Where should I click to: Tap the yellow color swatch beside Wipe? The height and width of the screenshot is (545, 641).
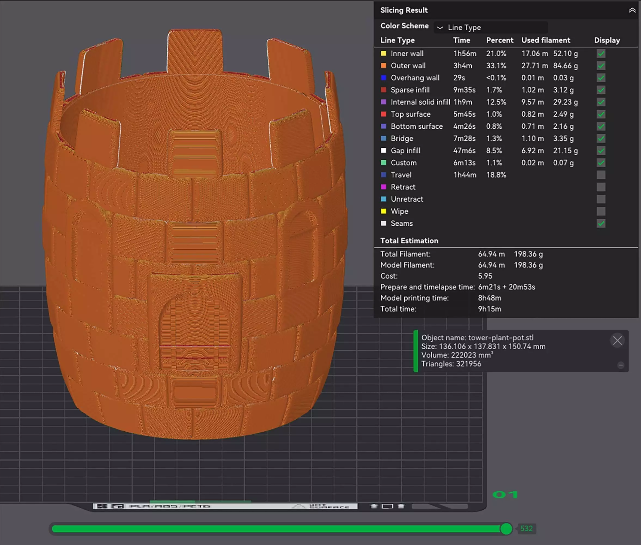pos(383,211)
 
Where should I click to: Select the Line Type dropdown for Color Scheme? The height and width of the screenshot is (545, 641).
pos(491,28)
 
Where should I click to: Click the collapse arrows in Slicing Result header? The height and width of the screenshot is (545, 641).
pos(632,10)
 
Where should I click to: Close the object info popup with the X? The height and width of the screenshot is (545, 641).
pos(617,340)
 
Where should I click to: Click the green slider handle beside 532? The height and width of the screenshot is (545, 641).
pos(506,529)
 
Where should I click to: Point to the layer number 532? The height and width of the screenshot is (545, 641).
pos(526,529)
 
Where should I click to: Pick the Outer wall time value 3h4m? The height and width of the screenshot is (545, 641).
pos(463,66)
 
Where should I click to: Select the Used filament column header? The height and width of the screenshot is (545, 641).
pos(546,40)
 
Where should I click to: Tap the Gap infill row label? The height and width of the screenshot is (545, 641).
pos(405,151)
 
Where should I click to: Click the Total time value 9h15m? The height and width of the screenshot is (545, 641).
pos(489,309)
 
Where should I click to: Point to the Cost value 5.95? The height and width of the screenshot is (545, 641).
pos(485,276)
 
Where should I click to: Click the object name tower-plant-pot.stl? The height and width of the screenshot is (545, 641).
pos(500,338)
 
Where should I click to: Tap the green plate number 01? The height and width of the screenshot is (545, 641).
pos(505,495)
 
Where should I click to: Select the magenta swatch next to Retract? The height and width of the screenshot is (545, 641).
pos(383,187)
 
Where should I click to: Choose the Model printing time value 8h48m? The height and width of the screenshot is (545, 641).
pos(489,298)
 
